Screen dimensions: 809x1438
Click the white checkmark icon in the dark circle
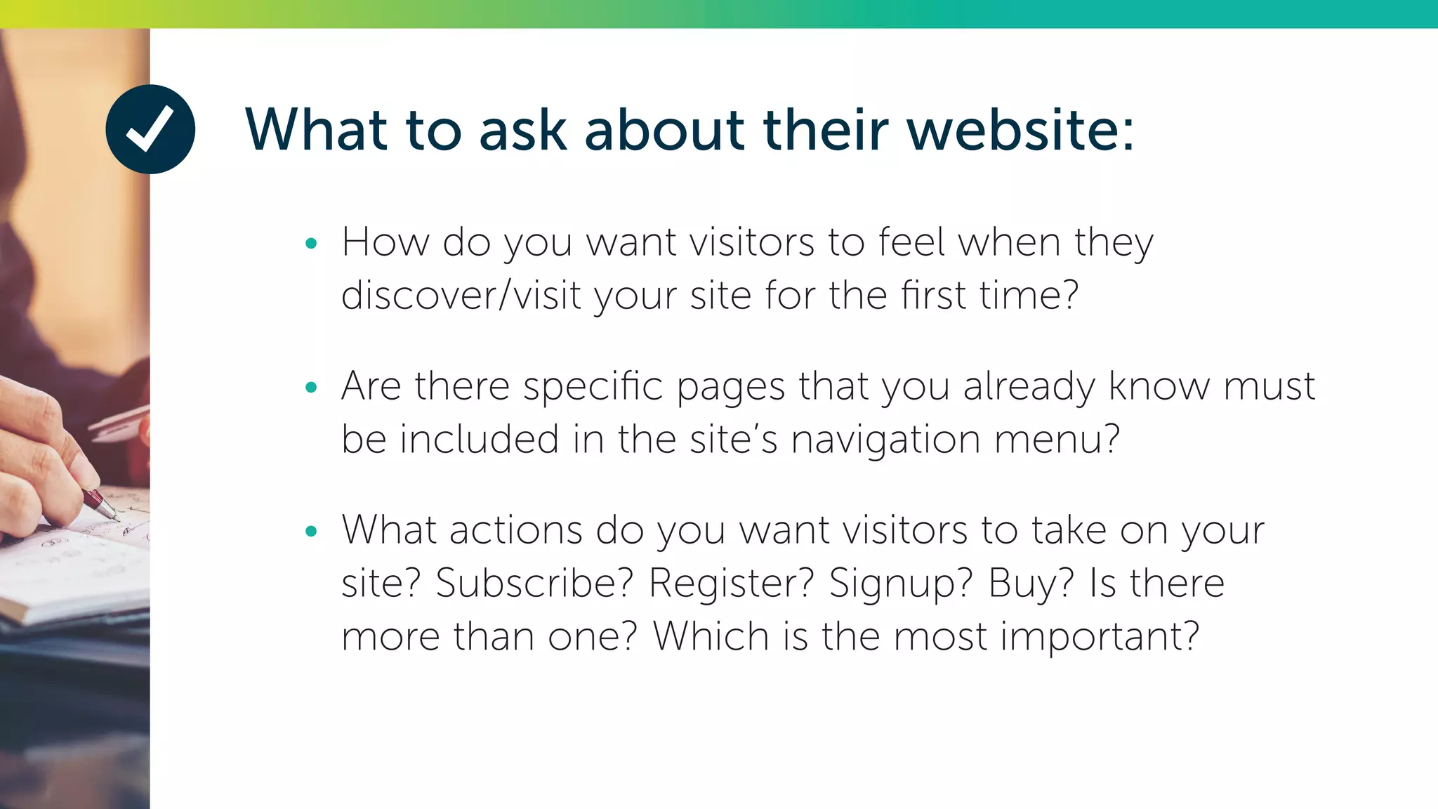(x=150, y=129)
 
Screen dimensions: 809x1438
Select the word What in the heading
(x=316, y=130)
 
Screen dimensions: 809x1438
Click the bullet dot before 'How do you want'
(x=312, y=244)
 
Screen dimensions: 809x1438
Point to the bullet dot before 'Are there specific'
(x=312, y=388)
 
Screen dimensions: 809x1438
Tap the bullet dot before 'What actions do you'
(x=312, y=532)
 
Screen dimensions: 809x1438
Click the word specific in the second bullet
(x=593, y=388)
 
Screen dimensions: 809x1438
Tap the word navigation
(x=885, y=440)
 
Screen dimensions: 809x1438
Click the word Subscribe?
(x=534, y=584)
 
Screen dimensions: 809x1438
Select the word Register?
(x=731, y=584)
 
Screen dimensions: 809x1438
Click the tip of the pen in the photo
(x=117, y=519)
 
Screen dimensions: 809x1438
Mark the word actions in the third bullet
(x=516, y=530)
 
